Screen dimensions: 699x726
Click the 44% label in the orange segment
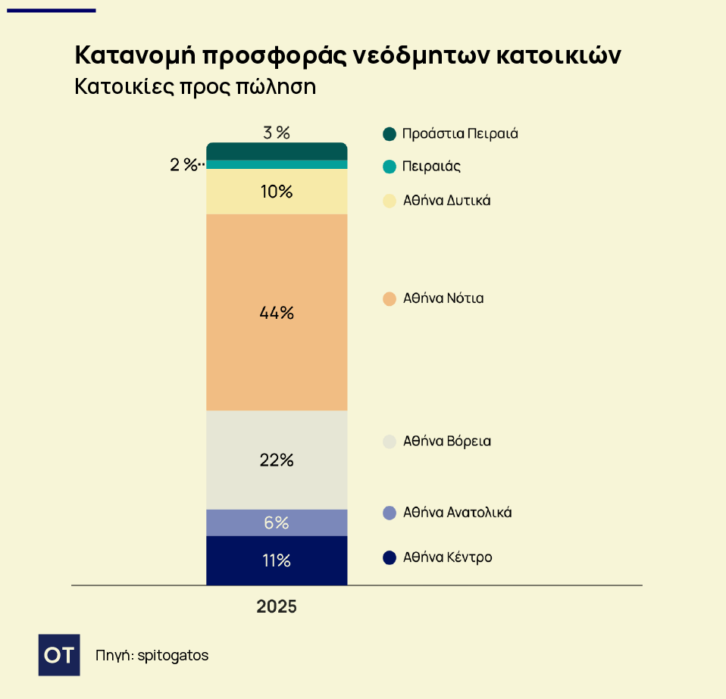coord(277,312)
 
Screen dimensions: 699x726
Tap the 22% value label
coord(277,460)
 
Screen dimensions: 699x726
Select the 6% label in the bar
coord(277,523)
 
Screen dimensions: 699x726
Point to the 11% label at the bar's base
coord(277,561)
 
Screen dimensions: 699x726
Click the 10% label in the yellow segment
coord(277,192)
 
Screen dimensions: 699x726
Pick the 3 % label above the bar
coord(277,133)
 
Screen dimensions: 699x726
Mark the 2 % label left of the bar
coord(183,164)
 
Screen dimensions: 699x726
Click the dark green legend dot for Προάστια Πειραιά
coord(390,134)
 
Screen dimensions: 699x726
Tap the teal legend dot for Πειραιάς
coord(390,167)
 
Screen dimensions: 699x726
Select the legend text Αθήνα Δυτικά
coord(446,201)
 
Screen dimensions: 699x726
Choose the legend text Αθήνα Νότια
coord(443,298)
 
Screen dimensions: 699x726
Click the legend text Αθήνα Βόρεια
coord(446,441)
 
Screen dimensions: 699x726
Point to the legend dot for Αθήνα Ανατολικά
coord(390,513)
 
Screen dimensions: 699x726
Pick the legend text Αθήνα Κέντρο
coord(447,557)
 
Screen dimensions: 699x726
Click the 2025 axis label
coord(277,607)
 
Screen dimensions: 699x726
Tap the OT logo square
coord(59,654)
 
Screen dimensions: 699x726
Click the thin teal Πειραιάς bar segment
coord(277,164)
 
